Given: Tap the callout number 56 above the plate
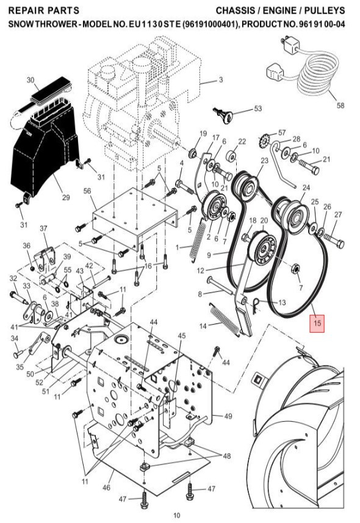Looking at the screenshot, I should (87, 191).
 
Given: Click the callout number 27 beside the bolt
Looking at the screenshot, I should (338, 214).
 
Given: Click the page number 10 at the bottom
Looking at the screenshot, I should (177, 515).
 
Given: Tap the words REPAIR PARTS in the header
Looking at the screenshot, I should (45, 11).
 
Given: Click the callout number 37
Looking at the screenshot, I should (43, 228).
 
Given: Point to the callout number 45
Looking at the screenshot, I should (181, 336).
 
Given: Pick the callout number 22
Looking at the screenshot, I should (242, 142).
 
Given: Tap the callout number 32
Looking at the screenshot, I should (13, 278).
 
